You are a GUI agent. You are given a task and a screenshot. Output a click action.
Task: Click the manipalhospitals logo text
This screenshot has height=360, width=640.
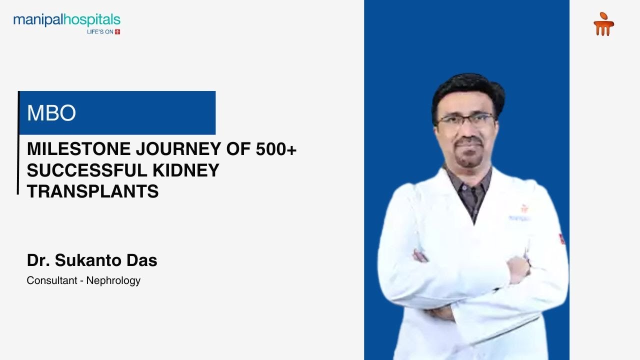tap(66, 20)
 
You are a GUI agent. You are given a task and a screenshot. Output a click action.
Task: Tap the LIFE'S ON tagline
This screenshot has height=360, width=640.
tap(100, 32)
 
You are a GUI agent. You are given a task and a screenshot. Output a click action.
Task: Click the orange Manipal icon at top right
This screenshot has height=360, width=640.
tap(603, 24)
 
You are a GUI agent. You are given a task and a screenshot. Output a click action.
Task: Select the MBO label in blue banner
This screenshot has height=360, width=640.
tap(51, 113)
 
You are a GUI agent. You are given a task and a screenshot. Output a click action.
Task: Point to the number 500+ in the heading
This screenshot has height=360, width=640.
tap(276, 149)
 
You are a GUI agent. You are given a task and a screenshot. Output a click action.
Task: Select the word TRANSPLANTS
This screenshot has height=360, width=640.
tap(92, 191)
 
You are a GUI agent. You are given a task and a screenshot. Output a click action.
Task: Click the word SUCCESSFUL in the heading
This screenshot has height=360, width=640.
tap(85, 170)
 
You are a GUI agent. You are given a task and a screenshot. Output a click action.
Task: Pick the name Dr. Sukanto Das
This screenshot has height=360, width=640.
tap(92, 260)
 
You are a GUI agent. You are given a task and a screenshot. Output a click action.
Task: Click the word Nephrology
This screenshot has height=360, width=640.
tap(113, 280)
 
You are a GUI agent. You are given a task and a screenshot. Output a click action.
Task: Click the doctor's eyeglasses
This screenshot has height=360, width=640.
tap(466, 120)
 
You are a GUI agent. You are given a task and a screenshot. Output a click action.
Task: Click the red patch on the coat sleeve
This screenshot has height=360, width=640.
tap(562, 238)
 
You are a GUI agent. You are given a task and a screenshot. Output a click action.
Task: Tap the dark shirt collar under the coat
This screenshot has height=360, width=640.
tap(467, 185)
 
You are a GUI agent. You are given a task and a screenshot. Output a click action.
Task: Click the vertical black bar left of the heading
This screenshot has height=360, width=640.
tap(18, 142)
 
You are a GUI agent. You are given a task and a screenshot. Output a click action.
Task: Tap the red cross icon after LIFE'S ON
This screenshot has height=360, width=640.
tap(117, 32)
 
